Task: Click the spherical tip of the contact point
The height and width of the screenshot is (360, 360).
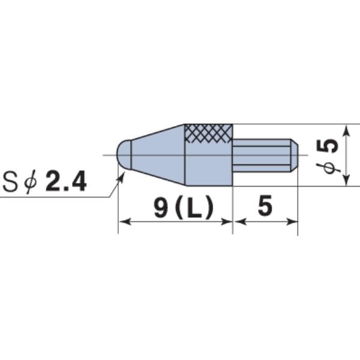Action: (124, 155)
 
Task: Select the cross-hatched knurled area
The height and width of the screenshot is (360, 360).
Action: (208, 133)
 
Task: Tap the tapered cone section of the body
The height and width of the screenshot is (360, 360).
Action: (158, 155)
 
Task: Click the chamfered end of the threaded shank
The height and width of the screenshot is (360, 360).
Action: (295, 155)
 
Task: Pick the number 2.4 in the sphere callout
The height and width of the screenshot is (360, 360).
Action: (66, 182)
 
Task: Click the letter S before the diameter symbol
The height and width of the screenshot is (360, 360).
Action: (10, 182)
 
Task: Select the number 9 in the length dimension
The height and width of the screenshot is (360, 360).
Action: (160, 208)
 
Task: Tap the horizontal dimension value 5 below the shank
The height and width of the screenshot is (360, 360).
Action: (265, 205)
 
